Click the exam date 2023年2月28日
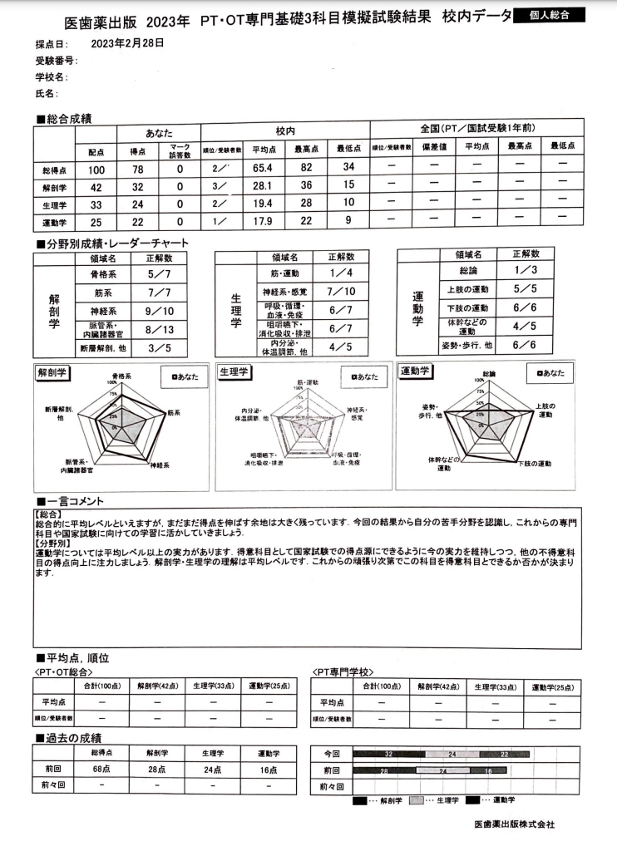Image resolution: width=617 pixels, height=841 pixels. (127, 42)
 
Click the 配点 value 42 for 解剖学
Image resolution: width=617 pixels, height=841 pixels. (96, 187)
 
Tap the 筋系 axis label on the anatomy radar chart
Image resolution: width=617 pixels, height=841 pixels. (173, 411)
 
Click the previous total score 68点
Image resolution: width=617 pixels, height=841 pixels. (101, 768)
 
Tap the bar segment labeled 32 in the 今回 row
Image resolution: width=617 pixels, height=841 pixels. (388, 753)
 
